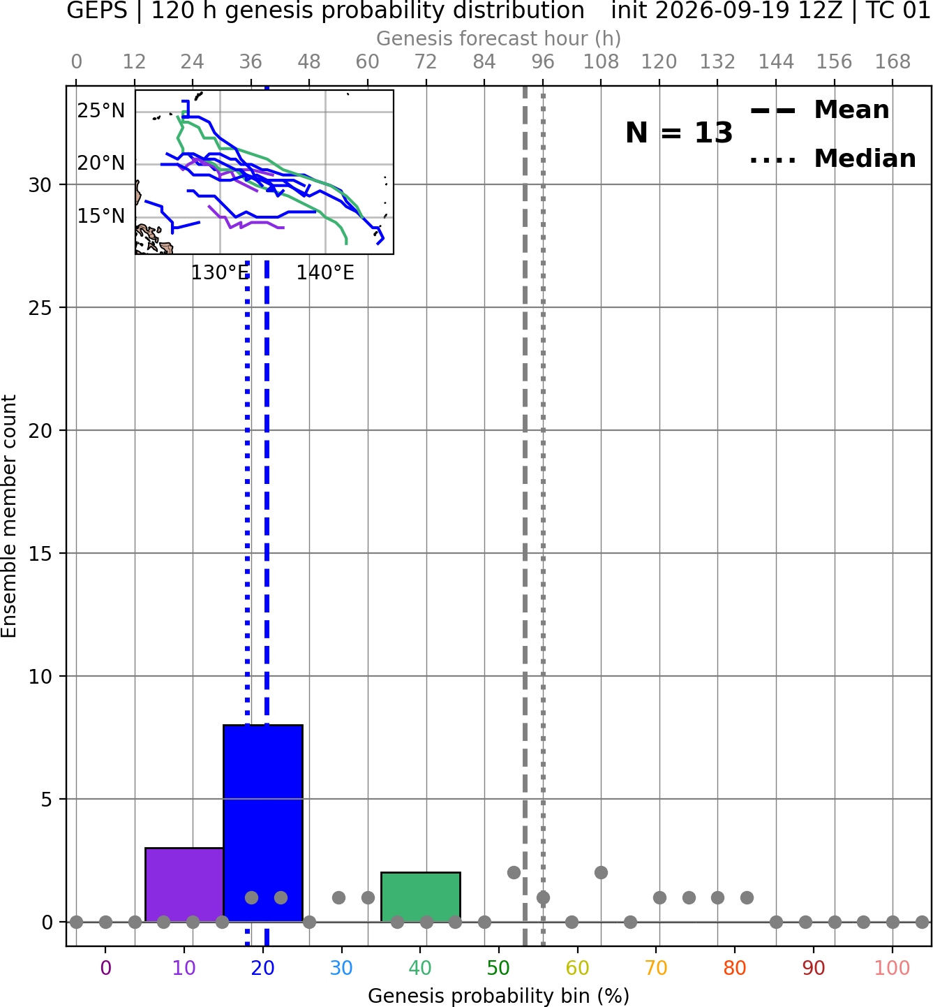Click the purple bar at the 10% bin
click(x=184, y=884)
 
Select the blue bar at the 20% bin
click(x=263, y=823)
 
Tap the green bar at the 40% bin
click(x=421, y=897)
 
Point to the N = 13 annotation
click(x=679, y=133)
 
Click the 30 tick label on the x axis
click(x=341, y=969)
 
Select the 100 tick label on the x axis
click(x=893, y=969)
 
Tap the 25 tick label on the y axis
click(x=40, y=308)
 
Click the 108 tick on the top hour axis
click(x=601, y=62)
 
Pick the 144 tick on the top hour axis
click(x=776, y=62)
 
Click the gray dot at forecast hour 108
click(x=601, y=872)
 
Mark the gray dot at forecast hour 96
click(x=544, y=897)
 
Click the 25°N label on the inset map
click(x=101, y=110)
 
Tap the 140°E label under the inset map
click(x=325, y=273)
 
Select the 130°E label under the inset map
click(x=220, y=273)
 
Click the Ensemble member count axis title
click(x=9, y=516)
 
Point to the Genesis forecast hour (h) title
click(x=499, y=38)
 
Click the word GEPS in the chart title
click(x=97, y=10)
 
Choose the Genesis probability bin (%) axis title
click(x=499, y=996)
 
